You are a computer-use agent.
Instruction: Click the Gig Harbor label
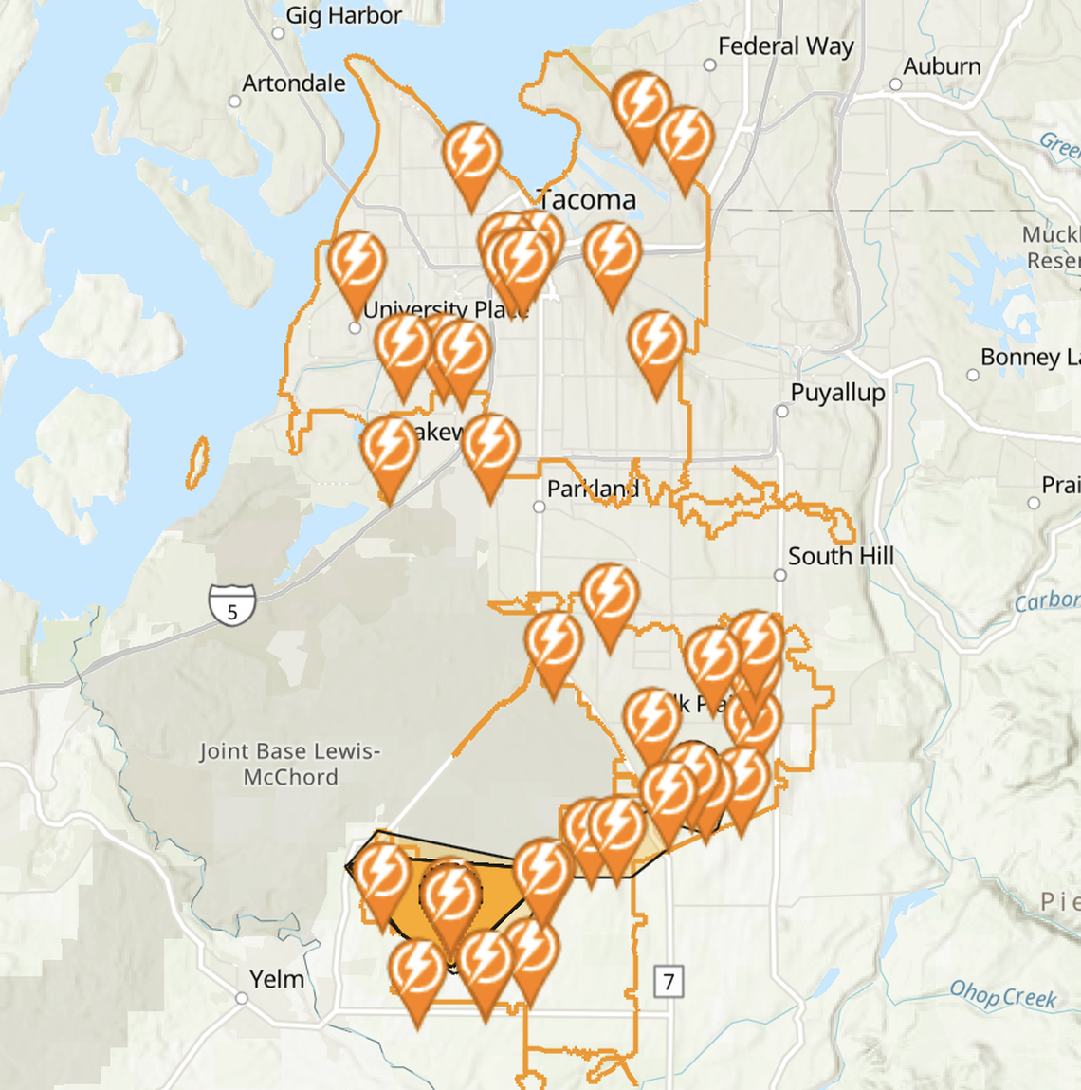pos(343,15)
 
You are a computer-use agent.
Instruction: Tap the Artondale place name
pos(293,83)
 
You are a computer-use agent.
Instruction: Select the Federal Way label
pos(785,46)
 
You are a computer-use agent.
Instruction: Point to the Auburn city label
pos(941,66)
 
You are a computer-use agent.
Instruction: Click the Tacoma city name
pos(588,200)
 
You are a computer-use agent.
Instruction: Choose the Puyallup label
pos(837,393)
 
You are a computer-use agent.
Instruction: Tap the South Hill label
pos(840,556)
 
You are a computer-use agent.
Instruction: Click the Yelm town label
pos(277,979)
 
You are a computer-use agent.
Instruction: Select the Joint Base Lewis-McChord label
pos(290,764)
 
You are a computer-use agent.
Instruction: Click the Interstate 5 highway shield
pos(232,605)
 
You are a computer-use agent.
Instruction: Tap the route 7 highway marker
pos(669,981)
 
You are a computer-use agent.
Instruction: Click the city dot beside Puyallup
pos(781,412)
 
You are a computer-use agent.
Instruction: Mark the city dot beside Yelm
pos(242,998)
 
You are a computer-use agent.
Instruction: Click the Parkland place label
pos(593,489)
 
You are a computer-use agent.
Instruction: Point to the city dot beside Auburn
pos(894,84)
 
